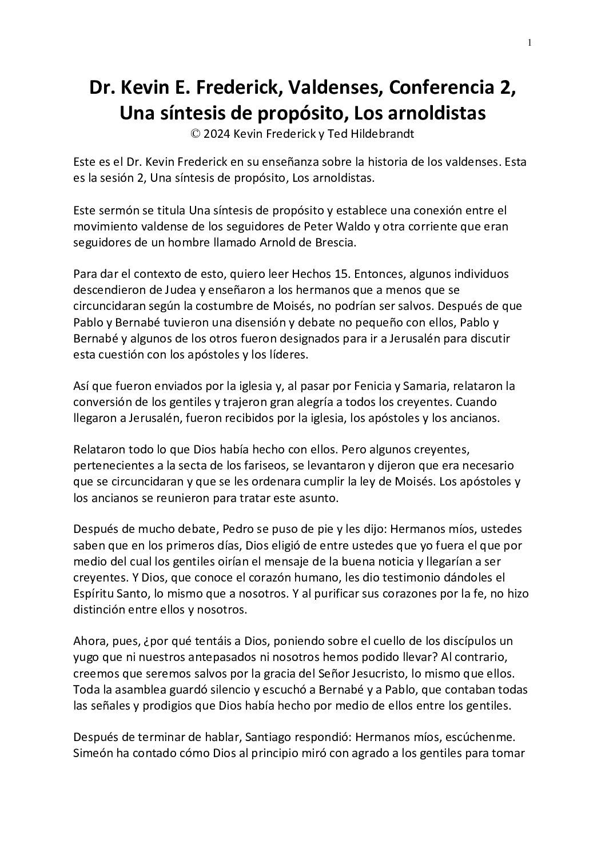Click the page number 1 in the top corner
(530, 42)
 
